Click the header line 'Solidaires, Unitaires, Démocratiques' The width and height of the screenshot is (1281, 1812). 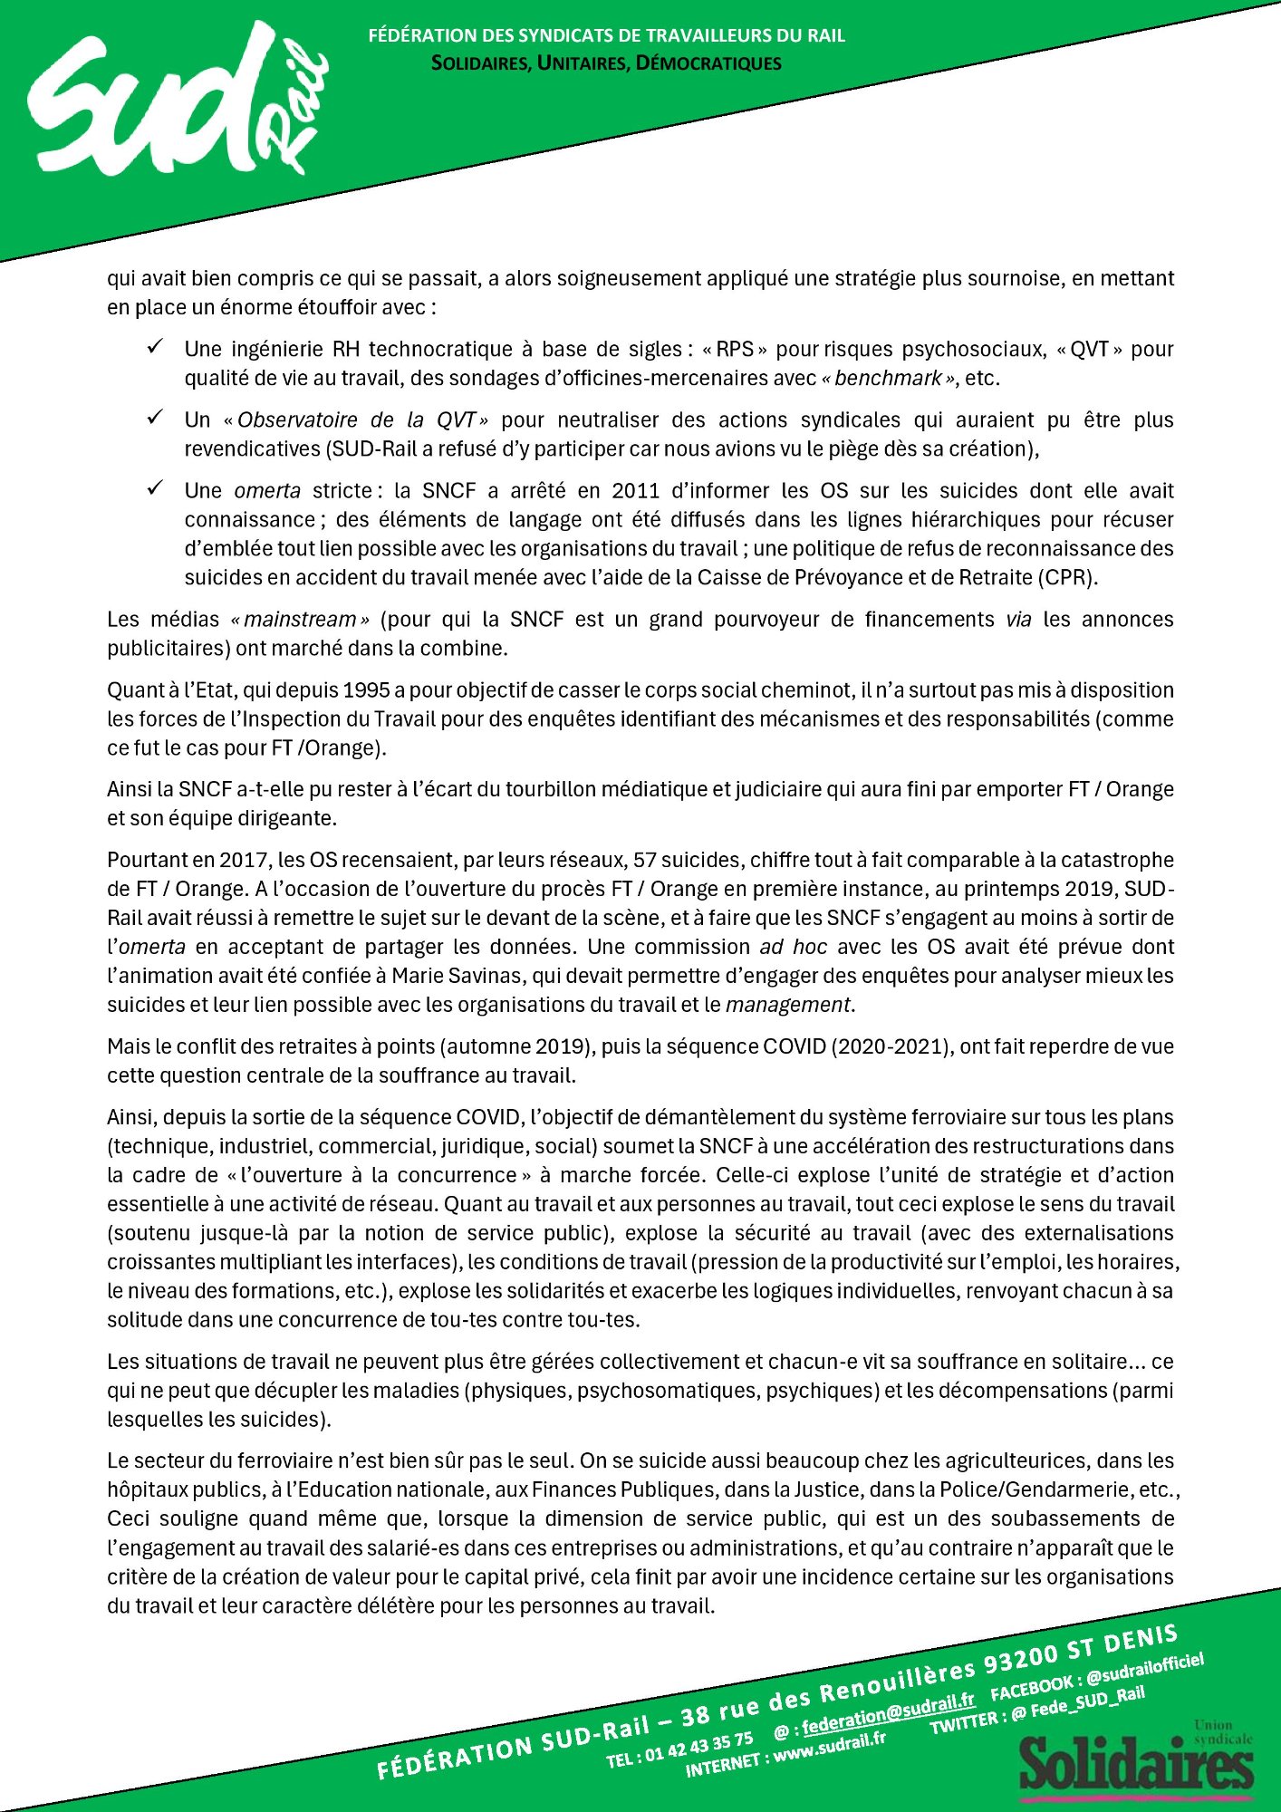point(606,63)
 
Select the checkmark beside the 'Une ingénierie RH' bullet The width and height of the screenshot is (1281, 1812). point(156,346)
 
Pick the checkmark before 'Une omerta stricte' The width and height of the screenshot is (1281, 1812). point(156,487)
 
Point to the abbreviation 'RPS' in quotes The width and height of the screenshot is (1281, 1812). point(735,350)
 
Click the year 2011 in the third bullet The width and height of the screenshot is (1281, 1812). point(635,491)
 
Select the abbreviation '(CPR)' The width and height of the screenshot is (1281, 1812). point(1068,578)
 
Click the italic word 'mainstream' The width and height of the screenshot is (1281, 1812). point(300,620)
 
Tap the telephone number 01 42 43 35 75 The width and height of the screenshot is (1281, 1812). point(698,1745)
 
